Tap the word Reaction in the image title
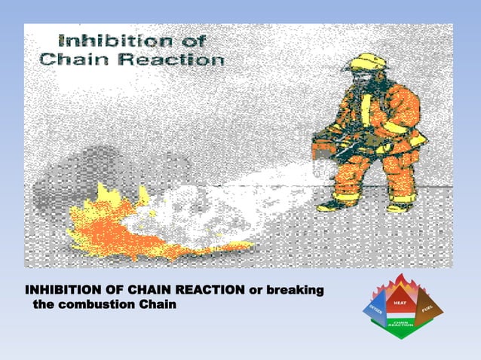pos(176,58)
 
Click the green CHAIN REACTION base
pos(402,325)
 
